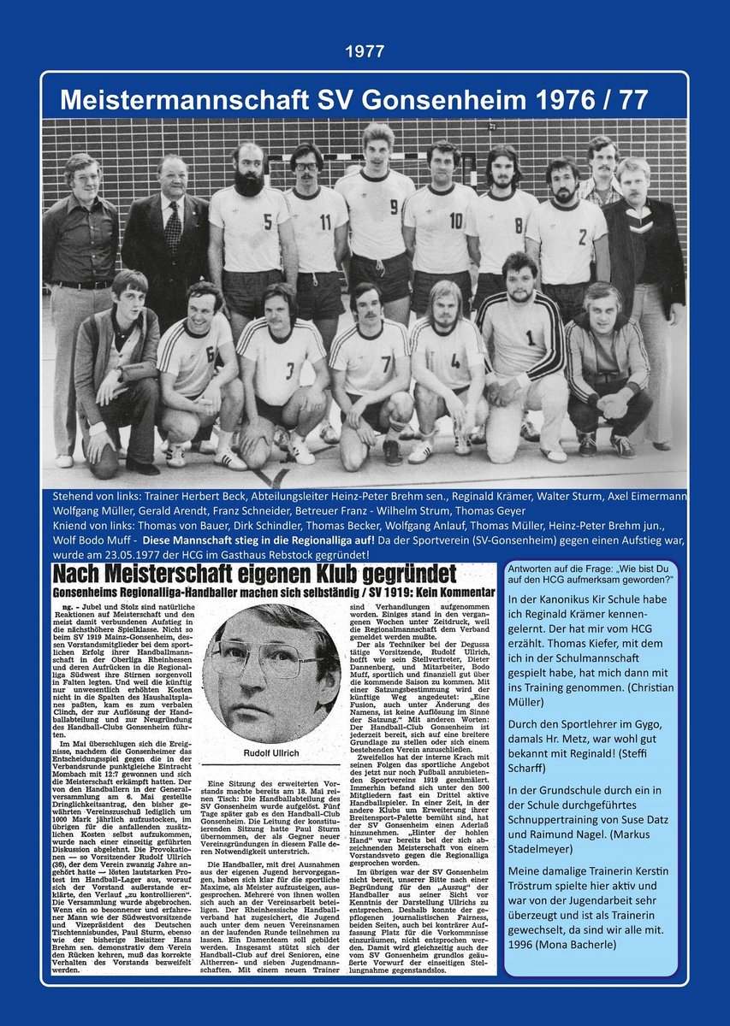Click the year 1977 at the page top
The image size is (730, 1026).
(365, 52)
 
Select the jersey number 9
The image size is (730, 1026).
(394, 206)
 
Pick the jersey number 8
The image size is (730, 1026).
(518, 226)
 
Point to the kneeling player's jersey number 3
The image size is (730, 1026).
(290, 369)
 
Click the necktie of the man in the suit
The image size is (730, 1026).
(174, 227)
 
